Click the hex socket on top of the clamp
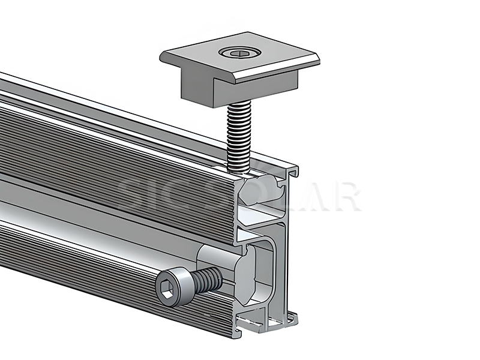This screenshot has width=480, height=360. point(238,53)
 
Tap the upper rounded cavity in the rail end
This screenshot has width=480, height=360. point(264,191)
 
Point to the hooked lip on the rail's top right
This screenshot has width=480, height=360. point(293,171)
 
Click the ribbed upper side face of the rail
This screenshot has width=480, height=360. point(120,156)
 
